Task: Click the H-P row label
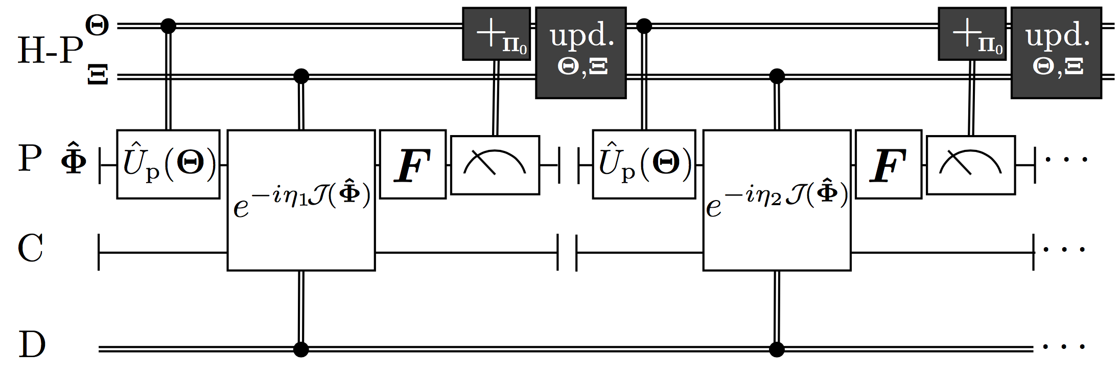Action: point(50,50)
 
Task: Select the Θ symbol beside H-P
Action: point(97,25)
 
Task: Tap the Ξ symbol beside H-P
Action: point(98,76)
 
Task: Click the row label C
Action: point(30,249)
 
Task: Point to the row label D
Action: point(32,344)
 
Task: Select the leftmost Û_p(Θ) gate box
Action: point(168,164)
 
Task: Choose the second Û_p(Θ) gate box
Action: point(644,164)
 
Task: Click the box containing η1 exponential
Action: point(301,200)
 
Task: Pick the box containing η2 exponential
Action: point(777,200)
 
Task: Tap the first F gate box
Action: point(413,164)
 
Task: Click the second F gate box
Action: point(889,164)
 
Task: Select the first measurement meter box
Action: point(495,165)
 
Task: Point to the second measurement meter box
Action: point(970,165)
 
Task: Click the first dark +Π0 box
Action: point(496,34)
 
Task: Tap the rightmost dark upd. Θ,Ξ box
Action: point(1056,53)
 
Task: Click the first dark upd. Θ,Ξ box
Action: point(580,53)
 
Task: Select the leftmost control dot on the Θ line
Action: point(168,26)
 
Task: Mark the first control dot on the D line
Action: point(301,349)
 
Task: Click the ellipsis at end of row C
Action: point(1064,250)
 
